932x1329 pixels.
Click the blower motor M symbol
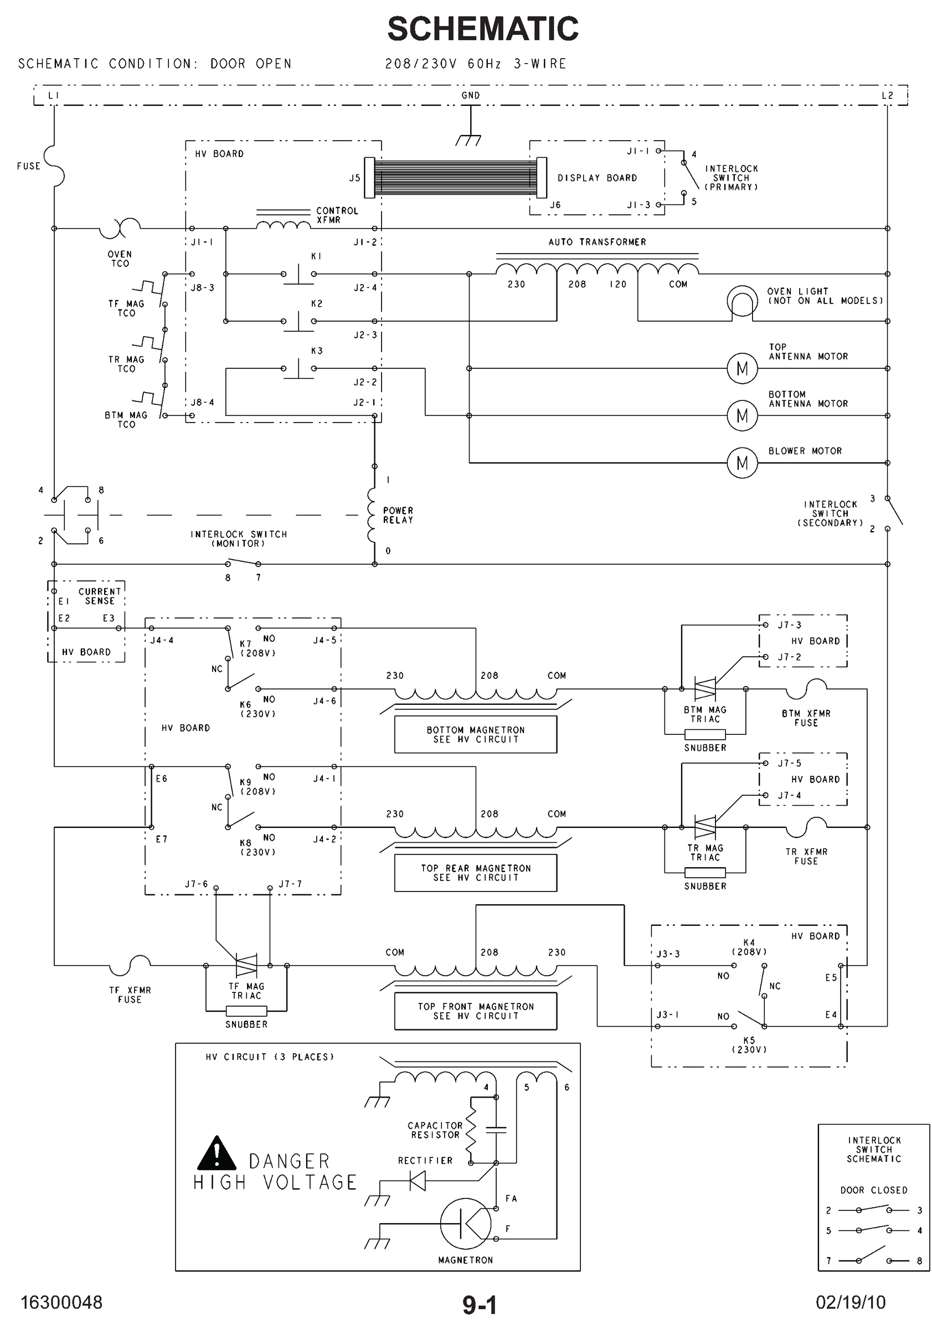point(742,462)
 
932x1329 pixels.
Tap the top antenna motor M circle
point(742,368)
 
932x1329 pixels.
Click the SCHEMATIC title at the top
point(482,29)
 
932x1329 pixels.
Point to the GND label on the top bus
point(470,95)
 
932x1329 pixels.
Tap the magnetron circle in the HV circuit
point(465,1223)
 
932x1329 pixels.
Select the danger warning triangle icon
point(217,1153)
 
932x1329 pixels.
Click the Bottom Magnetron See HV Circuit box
point(475,734)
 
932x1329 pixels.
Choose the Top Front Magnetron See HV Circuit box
point(475,1011)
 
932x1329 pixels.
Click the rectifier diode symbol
point(417,1180)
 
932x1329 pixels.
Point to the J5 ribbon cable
point(455,177)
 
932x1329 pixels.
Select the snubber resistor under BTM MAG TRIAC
point(704,734)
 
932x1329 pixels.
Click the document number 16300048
point(61,1302)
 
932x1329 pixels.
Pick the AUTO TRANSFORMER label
point(597,242)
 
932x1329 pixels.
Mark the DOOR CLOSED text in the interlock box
point(873,1190)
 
